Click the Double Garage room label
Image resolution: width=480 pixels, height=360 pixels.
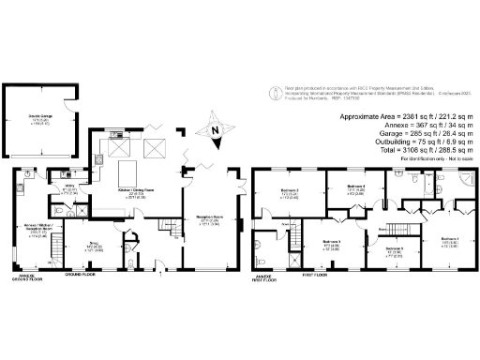[x=38, y=116]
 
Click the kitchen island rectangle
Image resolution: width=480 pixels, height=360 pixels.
[x=127, y=172]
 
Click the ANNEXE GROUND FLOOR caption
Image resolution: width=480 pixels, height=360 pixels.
[x=23, y=278]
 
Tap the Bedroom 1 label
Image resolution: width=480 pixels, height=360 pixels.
[x=450, y=241]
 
